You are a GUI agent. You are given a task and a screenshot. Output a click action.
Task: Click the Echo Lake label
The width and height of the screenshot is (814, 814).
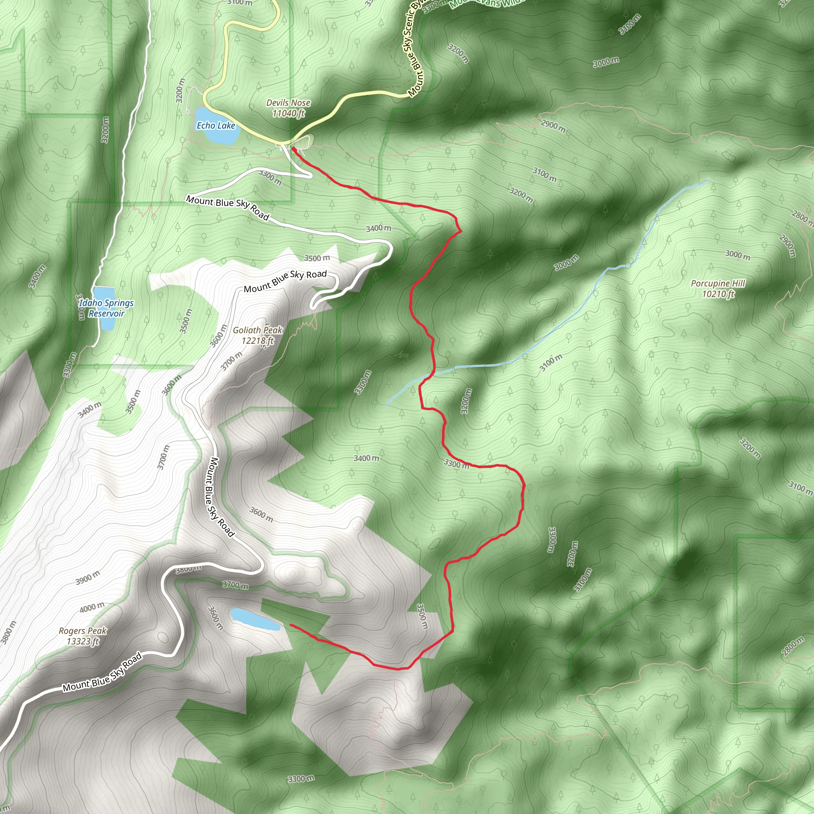tap(216, 126)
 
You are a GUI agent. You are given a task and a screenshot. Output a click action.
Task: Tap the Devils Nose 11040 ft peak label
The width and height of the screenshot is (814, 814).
tap(288, 108)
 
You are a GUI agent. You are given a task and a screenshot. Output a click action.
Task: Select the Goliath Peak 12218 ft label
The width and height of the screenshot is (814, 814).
tap(258, 335)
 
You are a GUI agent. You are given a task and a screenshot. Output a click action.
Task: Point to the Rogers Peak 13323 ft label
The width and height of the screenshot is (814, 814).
tap(83, 636)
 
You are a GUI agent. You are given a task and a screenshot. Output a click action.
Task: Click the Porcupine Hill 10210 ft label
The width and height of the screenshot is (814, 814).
tap(718, 289)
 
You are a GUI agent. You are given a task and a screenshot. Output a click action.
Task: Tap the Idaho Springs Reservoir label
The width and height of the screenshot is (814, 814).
tap(106, 308)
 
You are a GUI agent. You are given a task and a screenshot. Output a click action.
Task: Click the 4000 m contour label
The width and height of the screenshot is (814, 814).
tap(92, 607)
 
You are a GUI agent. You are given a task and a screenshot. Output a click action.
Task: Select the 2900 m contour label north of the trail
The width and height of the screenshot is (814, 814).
tap(553, 126)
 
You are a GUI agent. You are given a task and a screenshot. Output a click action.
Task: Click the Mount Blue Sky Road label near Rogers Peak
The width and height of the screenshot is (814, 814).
tap(102, 673)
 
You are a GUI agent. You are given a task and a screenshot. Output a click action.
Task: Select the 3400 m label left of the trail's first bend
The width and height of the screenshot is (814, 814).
tap(378, 228)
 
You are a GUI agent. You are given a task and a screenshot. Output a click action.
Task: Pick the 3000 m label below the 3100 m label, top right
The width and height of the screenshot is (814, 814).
tap(606, 62)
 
